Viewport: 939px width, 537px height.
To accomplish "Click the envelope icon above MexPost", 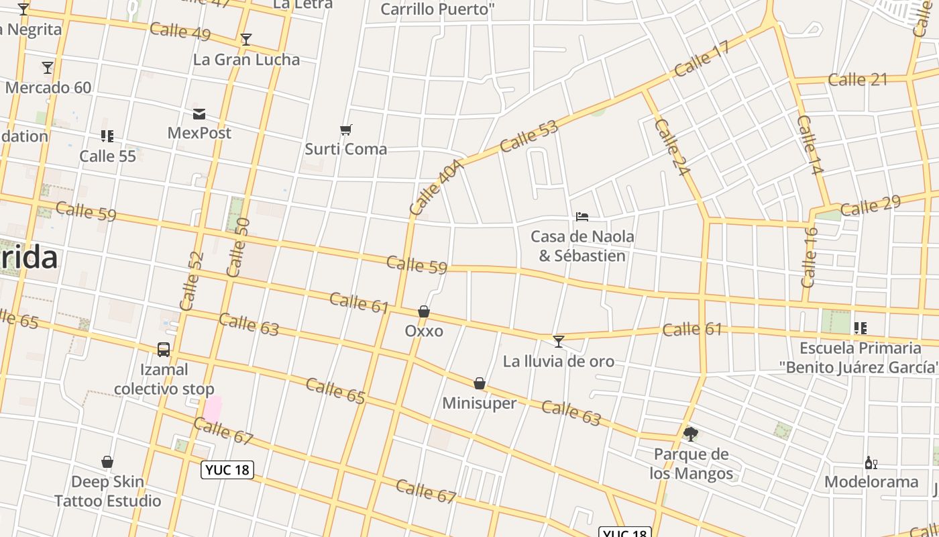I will pos(199,113).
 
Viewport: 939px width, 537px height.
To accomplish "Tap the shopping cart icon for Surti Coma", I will pos(346,130).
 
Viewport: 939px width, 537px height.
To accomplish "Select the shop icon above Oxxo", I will pos(424,311).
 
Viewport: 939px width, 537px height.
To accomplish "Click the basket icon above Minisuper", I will pos(480,383).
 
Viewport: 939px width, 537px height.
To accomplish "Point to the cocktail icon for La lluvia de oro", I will pos(558,342).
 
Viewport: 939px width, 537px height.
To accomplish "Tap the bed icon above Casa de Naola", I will pos(582,217).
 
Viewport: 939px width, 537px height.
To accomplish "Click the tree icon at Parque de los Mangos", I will pos(690,434).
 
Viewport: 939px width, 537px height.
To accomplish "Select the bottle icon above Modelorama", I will pos(871,462).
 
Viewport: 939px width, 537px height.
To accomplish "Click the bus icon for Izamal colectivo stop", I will pos(164,350).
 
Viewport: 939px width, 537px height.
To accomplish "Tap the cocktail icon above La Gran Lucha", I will pos(246,40).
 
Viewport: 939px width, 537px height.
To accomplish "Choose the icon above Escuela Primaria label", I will pos(860,328).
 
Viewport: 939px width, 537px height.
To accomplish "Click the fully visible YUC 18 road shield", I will pos(228,470).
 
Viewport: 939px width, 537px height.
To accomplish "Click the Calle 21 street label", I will pos(858,80).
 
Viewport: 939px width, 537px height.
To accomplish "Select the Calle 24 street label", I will pos(671,148).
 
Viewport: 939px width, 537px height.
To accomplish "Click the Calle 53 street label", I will pos(529,136).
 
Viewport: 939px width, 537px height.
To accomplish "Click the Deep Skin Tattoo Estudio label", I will pos(107,491).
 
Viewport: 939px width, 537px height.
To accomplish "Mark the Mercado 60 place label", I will pos(48,87).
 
